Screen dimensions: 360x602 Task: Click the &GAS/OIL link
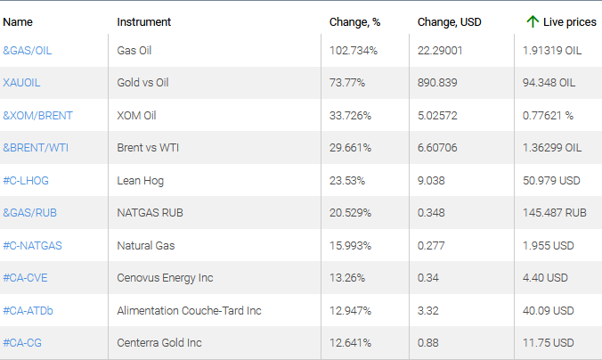pyautogui.click(x=28, y=51)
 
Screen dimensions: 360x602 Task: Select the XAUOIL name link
pyautogui.click(x=22, y=83)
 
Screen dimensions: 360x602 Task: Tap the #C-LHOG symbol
pyautogui.click(x=26, y=181)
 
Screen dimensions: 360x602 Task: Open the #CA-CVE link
pyautogui.click(x=26, y=278)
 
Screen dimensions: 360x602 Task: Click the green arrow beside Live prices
pyautogui.click(x=533, y=21)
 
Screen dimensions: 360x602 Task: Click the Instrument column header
pyautogui.click(x=143, y=21)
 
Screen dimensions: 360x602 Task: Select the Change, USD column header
pyautogui.click(x=449, y=21)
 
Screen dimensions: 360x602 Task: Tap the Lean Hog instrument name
pyautogui.click(x=140, y=181)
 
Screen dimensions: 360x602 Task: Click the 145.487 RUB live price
pyautogui.click(x=555, y=213)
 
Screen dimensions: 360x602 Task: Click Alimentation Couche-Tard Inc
pyautogui.click(x=189, y=311)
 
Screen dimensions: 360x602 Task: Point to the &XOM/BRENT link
pyautogui.click(x=38, y=116)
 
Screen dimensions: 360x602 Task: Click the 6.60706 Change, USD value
pyautogui.click(x=440, y=148)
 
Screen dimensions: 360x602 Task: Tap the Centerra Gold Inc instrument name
pyautogui.click(x=159, y=343)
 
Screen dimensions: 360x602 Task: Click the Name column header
pyautogui.click(x=18, y=21)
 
